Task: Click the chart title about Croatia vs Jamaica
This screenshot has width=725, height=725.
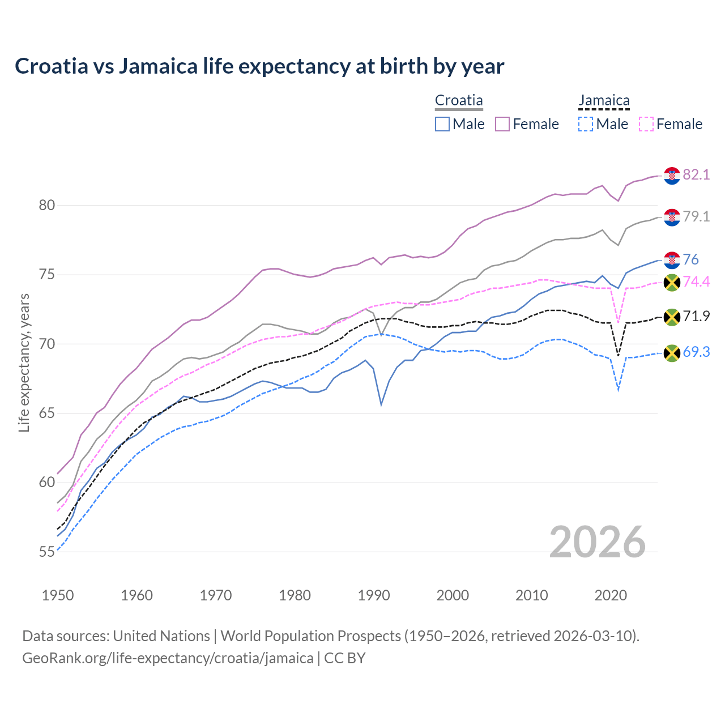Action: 259,66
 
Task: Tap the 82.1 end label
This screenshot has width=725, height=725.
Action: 696,174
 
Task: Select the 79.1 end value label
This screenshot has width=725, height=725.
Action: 696,216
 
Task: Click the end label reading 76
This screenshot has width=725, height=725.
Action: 690,259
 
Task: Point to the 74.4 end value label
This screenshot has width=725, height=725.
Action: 696,282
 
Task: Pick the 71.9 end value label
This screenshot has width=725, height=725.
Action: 696,316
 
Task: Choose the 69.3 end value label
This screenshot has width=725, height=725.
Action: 696,352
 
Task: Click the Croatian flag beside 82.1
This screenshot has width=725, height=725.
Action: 672,176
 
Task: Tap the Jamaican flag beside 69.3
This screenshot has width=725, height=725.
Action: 672,353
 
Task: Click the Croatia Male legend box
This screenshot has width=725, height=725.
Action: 442,124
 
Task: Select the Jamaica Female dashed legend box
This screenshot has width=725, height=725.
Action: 646,124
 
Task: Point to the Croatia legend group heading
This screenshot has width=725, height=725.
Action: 459,101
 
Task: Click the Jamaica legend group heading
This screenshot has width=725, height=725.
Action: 604,101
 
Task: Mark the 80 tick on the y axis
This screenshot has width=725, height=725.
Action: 47,205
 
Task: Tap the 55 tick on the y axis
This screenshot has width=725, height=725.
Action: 47,552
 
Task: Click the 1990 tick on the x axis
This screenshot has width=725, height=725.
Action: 374,595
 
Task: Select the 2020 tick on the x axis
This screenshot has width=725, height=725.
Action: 611,595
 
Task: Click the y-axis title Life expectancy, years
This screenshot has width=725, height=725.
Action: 24,362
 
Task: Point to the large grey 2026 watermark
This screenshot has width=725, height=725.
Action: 597,542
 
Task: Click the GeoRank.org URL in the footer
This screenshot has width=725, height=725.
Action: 168,658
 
